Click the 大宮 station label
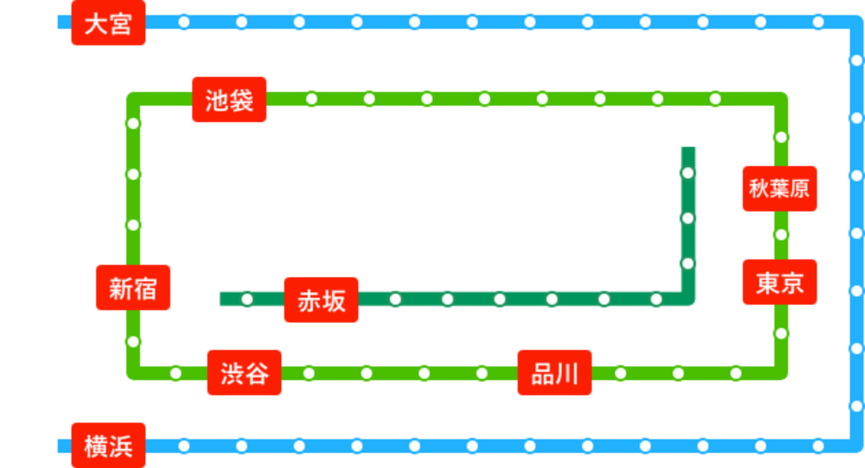click(x=108, y=23)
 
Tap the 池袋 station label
click(x=229, y=100)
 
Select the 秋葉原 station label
click(x=780, y=189)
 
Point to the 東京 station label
click(x=780, y=282)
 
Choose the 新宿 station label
click(x=133, y=288)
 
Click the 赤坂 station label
click(x=321, y=300)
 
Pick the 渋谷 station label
click(x=244, y=373)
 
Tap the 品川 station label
click(x=555, y=373)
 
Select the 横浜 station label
click(x=108, y=445)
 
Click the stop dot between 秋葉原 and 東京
click(x=781, y=235)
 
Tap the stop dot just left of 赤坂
click(x=247, y=299)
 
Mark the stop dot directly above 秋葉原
click(x=781, y=137)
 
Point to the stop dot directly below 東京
click(x=781, y=334)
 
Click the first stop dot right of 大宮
click(x=184, y=22)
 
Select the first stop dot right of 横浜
click(x=184, y=446)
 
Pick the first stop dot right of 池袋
click(x=312, y=99)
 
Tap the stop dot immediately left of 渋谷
click(x=176, y=373)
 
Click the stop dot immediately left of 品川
click(x=482, y=373)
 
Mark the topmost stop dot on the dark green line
click(x=688, y=173)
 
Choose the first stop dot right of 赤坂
click(x=395, y=299)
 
